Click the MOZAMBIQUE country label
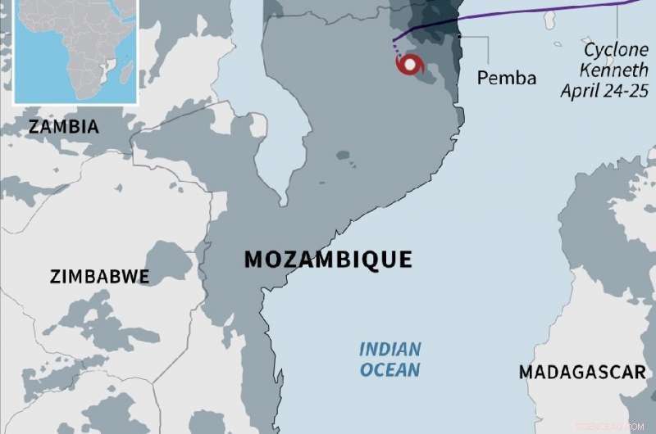click(x=328, y=260)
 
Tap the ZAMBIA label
click(x=63, y=127)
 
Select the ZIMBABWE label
click(x=99, y=276)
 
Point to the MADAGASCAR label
click(x=582, y=373)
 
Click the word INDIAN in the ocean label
click(x=389, y=350)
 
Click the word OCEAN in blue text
click(x=389, y=370)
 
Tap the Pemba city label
click(x=507, y=79)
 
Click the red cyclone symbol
click(x=409, y=65)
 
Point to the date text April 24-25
click(x=604, y=90)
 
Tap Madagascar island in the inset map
click(x=125, y=75)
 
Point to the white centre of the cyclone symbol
click(x=408, y=65)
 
